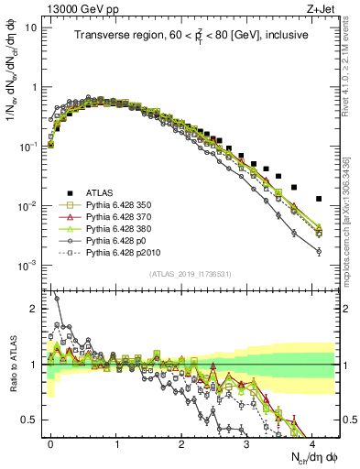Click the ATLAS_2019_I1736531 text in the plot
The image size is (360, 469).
point(191,274)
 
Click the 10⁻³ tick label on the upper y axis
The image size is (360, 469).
point(27,266)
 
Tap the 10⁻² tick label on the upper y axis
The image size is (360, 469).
point(27,206)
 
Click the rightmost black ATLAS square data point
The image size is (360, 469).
point(319,199)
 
